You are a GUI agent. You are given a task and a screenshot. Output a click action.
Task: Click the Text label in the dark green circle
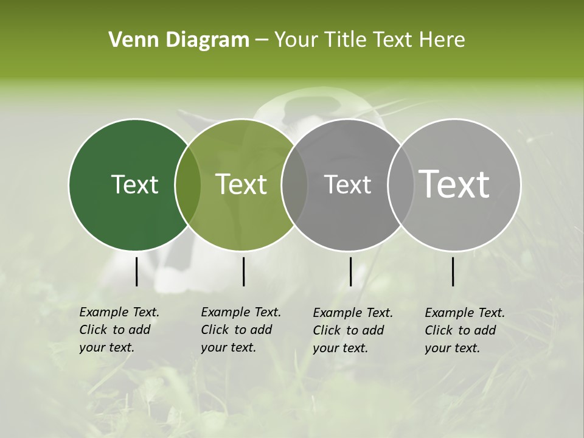click(x=134, y=184)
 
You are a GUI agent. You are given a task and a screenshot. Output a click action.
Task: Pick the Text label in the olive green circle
click(x=241, y=184)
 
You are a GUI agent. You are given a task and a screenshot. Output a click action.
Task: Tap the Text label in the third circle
click(x=347, y=184)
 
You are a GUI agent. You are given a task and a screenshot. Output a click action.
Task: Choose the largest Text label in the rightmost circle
click(x=454, y=184)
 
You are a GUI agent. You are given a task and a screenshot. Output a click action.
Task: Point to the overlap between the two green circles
click(x=187, y=184)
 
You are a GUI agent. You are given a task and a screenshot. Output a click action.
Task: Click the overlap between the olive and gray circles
click(x=294, y=184)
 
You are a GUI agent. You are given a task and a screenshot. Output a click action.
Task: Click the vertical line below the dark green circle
click(x=137, y=271)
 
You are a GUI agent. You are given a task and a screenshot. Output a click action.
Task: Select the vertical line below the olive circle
click(x=243, y=271)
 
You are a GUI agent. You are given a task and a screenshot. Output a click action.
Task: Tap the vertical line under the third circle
click(x=350, y=271)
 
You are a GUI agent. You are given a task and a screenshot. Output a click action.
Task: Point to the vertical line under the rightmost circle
click(x=453, y=271)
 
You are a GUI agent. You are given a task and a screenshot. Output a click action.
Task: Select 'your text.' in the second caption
click(x=228, y=347)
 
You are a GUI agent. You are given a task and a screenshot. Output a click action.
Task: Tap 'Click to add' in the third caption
click(x=348, y=330)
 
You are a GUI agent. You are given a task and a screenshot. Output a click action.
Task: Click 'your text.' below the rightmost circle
click(x=452, y=348)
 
